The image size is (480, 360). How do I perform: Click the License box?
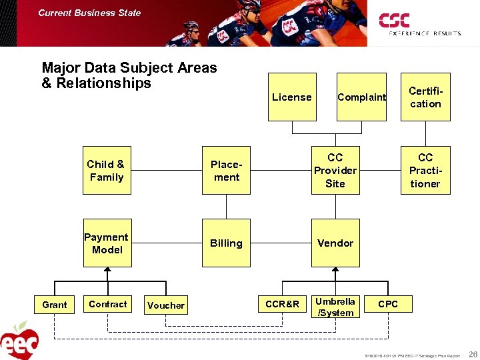point(292,97)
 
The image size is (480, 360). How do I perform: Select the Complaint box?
point(361,97)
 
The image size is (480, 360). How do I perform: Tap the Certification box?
point(425,97)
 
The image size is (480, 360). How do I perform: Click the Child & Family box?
point(107,171)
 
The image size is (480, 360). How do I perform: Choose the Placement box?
point(226,171)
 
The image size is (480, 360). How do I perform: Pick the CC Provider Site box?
point(335,171)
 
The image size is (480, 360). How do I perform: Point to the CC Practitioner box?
point(425,171)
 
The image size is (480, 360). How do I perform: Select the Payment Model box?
point(107,243)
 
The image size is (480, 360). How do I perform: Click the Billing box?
point(226,243)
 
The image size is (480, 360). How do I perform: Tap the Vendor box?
point(335,243)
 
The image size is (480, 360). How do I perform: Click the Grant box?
point(55,305)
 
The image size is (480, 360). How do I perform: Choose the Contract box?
point(107,305)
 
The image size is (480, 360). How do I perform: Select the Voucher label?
point(166,305)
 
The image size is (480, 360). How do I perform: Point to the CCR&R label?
point(283,305)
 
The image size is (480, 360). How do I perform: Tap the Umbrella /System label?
point(335,307)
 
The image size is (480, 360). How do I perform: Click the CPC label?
point(388,304)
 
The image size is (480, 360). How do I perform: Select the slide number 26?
point(472,354)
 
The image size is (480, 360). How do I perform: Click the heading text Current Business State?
point(89,13)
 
